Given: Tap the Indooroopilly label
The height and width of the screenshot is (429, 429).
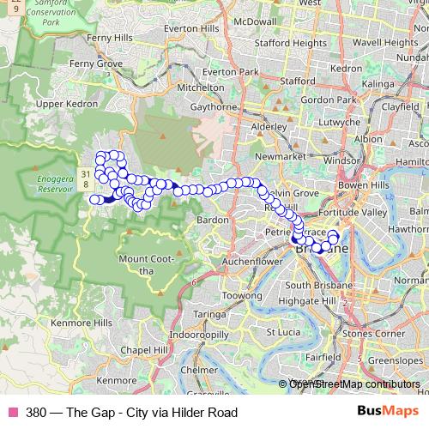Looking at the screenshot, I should pyautogui.click(x=199, y=333).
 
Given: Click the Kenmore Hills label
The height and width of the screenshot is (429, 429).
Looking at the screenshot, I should pyautogui.click(x=82, y=322).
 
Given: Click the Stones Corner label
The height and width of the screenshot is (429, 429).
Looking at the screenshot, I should pyautogui.click(x=373, y=332).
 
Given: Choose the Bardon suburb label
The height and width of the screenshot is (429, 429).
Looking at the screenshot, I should pyautogui.click(x=213, y=220).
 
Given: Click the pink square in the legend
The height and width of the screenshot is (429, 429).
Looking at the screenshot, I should pyautogui.click(x=11, y=412).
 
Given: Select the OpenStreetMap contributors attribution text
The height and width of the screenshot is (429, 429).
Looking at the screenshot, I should pyautogui.click(x=354, y=384).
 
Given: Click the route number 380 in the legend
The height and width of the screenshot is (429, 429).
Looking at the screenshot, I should pyautogui.click(x=37, y=412).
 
